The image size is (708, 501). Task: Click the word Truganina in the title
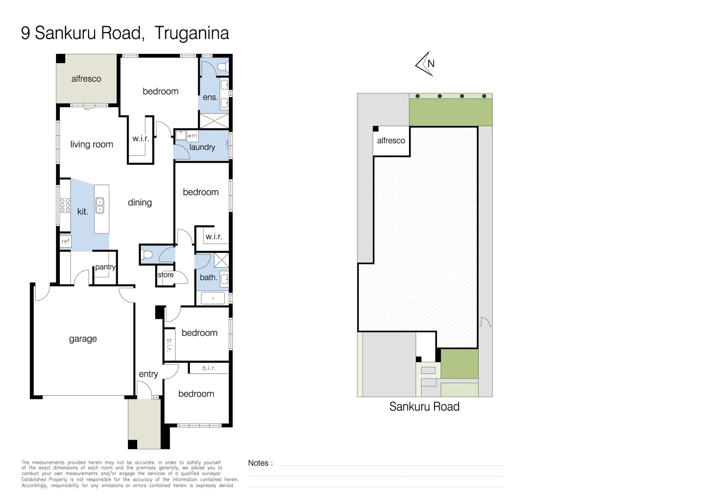pos(191,33)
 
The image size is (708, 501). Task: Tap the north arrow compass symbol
pos(425,64)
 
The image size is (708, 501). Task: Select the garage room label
pos(83,339)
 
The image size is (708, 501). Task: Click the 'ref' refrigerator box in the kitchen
pos(66,241)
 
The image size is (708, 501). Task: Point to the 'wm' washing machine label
pos(192,136)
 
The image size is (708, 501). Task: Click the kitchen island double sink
pos(100,205)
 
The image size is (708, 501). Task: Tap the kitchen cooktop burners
pos(65,205)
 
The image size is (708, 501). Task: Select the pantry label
pos(105,267)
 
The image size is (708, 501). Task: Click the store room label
pos(165,275)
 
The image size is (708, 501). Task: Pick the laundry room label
pos(202,147)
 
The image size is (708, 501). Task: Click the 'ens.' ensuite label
pos(210,97)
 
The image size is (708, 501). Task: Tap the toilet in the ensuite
pos(223,67)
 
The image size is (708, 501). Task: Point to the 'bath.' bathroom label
pos(208,277)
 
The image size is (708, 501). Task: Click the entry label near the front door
pos(148,374)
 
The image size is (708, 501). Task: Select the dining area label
pos(139,202)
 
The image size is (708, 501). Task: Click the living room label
pos(91,144)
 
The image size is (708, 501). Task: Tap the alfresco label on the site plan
pos(391,141)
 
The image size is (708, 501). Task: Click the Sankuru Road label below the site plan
pos(424,407)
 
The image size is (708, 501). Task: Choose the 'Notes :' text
pos(260,463)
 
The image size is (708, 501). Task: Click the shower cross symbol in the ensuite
pos(214,121)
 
